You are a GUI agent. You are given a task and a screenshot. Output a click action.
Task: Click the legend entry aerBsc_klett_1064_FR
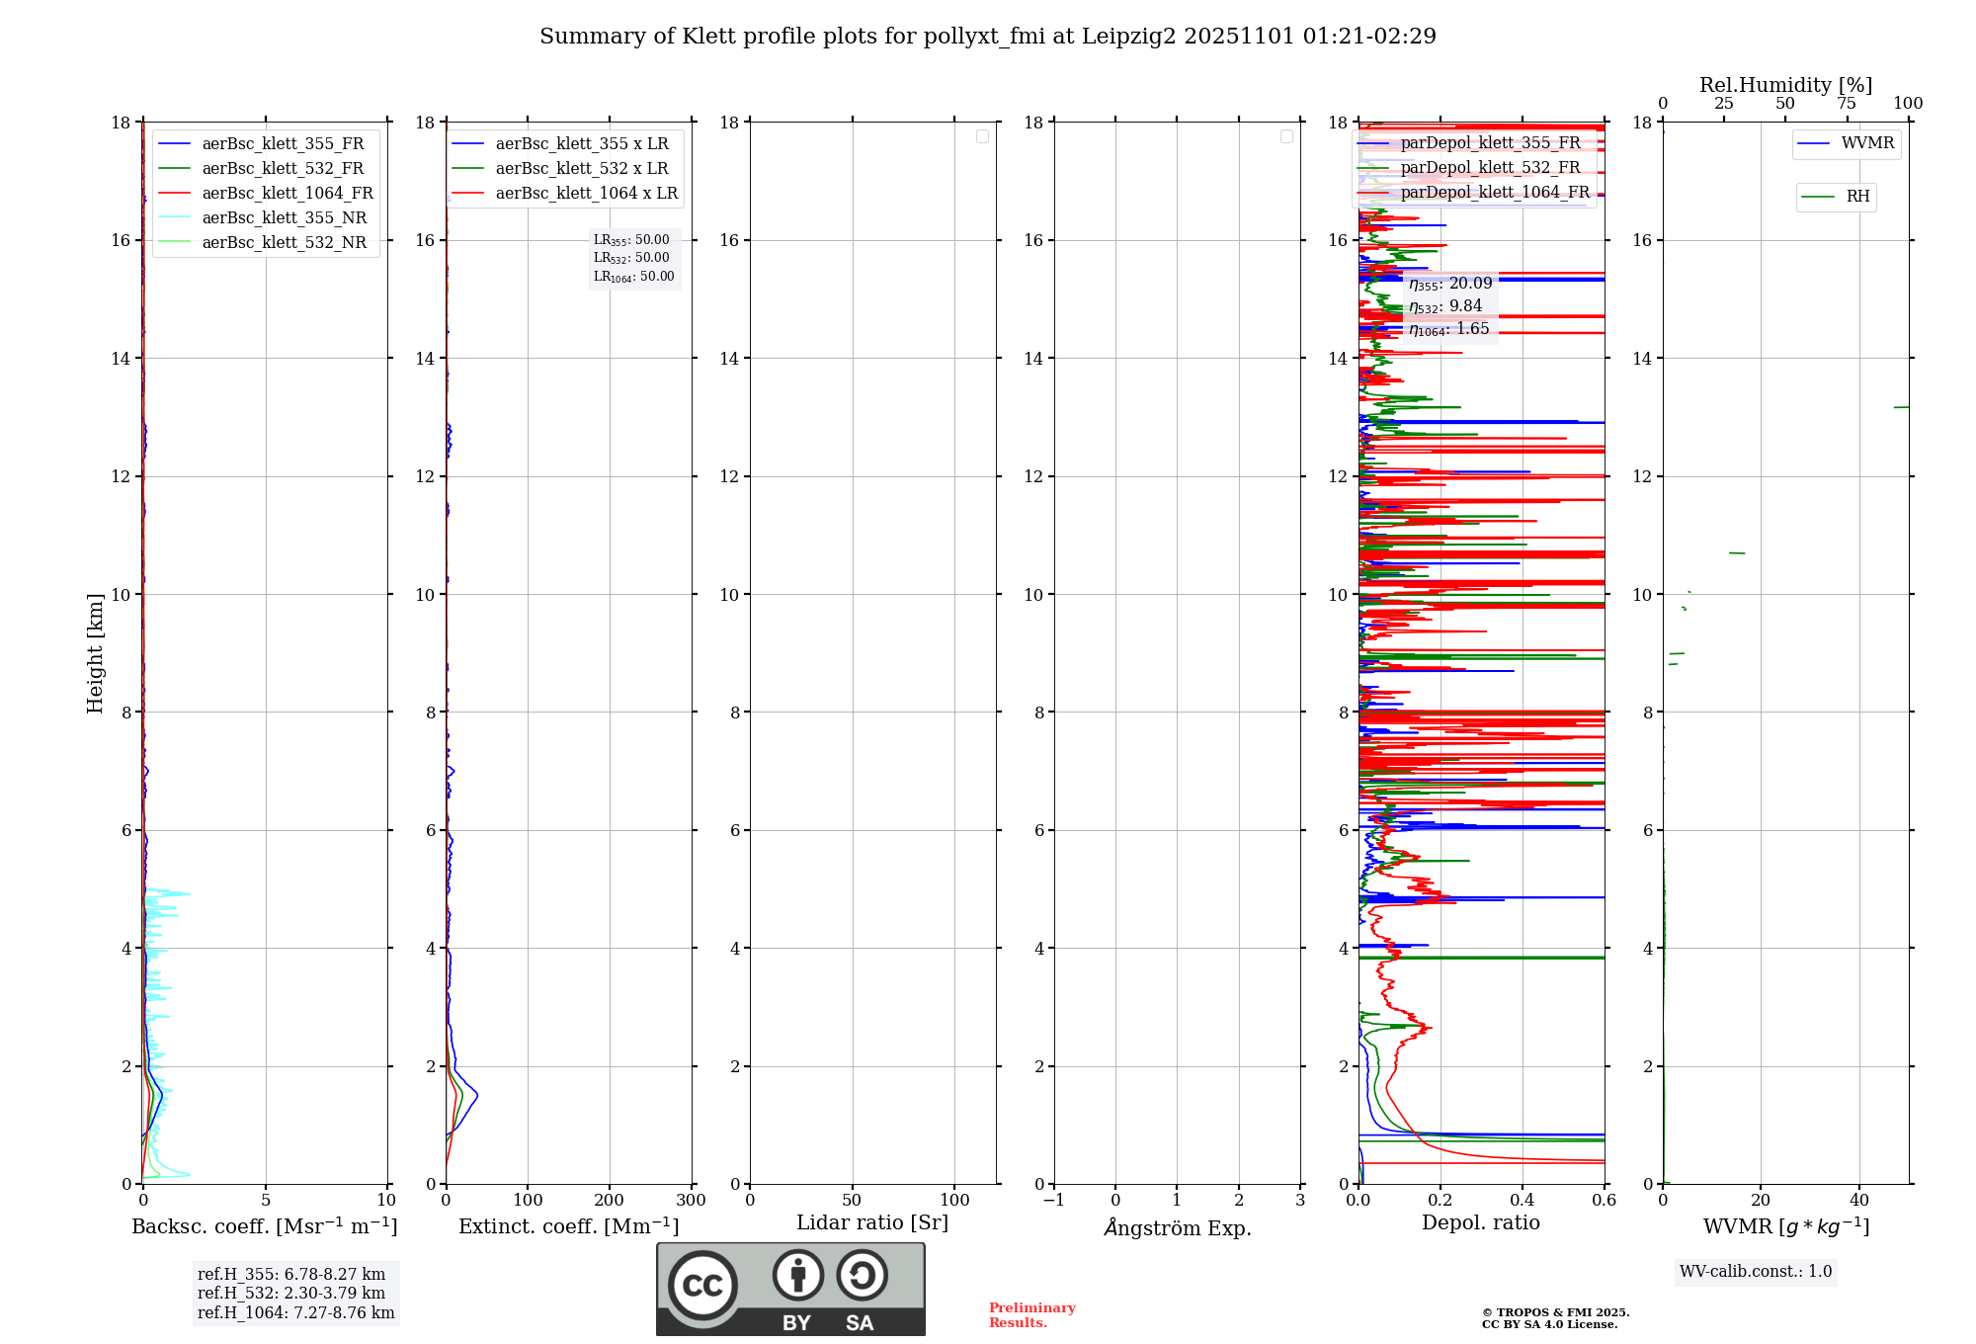click(288, 194)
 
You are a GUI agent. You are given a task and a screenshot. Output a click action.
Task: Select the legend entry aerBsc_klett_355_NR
click(284, 218)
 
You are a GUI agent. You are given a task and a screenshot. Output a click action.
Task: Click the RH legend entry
click(1857, 197)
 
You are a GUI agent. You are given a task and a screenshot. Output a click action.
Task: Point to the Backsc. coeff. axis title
click(264, 1226)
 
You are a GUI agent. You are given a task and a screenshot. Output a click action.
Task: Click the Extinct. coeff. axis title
click(568, 1226)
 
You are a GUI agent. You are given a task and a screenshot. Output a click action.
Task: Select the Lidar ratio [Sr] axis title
click(872, 1223)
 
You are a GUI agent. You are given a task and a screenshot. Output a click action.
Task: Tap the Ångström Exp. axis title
click(1178, 1228)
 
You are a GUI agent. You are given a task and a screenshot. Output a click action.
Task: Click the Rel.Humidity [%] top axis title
click(1785, 85)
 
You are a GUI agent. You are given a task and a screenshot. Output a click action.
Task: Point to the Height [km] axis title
click(95, 653)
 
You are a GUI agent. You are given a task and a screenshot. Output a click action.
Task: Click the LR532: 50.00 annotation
click(631, 258)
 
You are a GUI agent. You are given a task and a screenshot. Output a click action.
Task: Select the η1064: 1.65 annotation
click(1449, 329)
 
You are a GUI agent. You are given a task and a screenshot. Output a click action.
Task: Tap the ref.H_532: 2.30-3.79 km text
click(291, 1294)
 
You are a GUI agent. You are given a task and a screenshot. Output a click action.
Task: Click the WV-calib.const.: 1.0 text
click(1756, 1272)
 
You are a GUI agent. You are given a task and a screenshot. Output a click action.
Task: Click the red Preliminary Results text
click(1031, 1315)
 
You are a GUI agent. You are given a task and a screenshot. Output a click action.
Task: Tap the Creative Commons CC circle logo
click(702, 1286)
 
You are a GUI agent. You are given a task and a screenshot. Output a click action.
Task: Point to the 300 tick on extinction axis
click(691, 1201)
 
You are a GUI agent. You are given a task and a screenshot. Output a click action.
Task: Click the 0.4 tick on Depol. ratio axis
click(1522, 1201)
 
